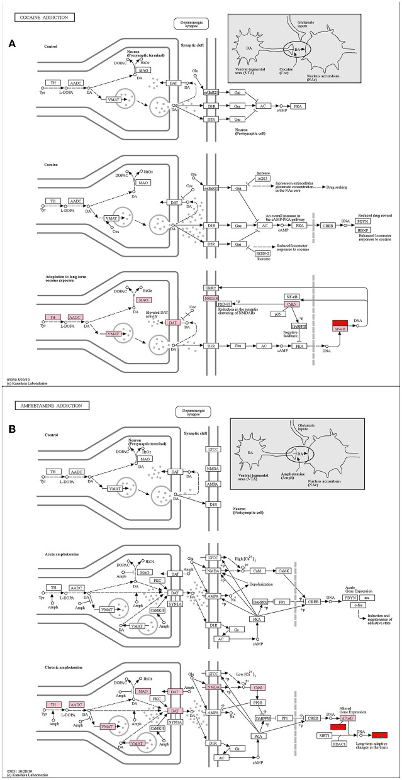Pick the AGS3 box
[x=264, y=179]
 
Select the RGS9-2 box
[x=264, y=253]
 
